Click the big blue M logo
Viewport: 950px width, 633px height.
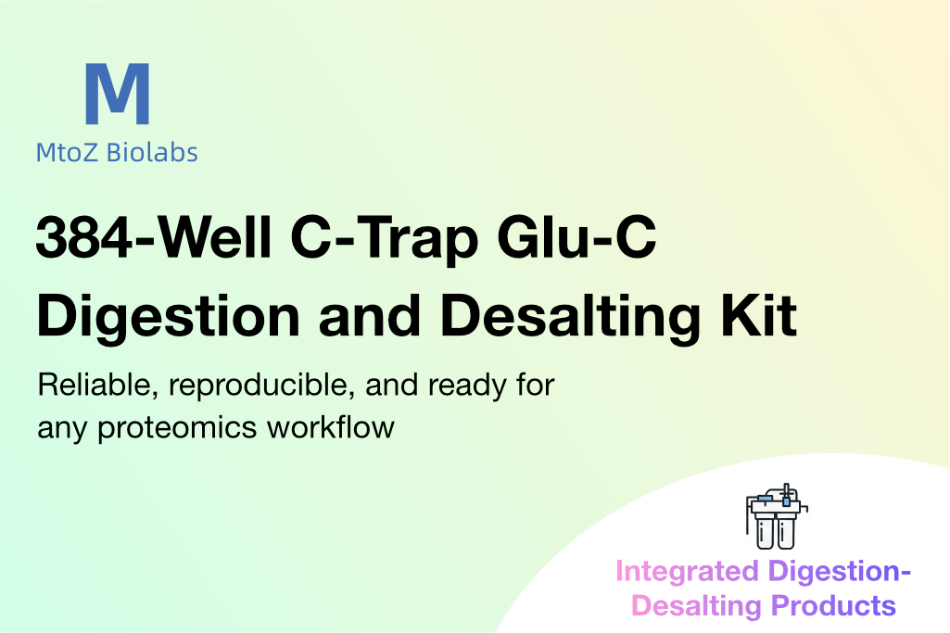point(118,94)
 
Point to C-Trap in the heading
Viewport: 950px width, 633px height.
point(385,240)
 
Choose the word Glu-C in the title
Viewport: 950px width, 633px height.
point(576,237)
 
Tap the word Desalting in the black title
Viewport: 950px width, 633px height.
point(570,317)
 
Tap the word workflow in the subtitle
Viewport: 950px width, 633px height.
point(331,427)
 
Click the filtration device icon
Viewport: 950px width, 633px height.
point(776,516)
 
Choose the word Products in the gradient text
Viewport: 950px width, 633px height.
point(833,606)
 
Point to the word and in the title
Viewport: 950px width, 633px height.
point(370,316)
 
